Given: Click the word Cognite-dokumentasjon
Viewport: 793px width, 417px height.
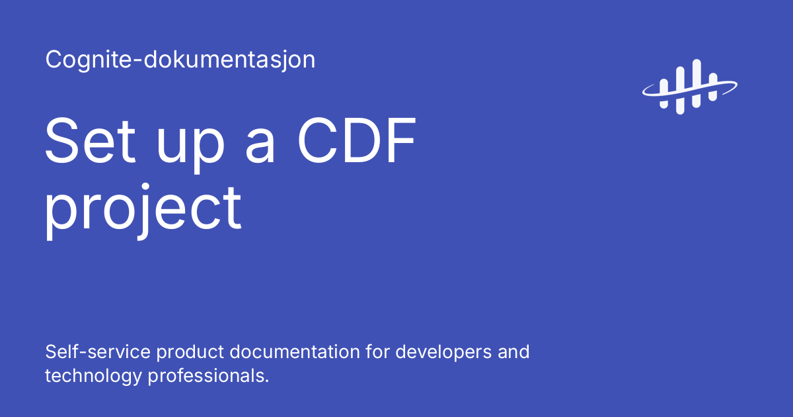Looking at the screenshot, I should pos(180,60).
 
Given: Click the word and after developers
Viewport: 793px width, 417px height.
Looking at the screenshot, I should pos(513,351).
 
